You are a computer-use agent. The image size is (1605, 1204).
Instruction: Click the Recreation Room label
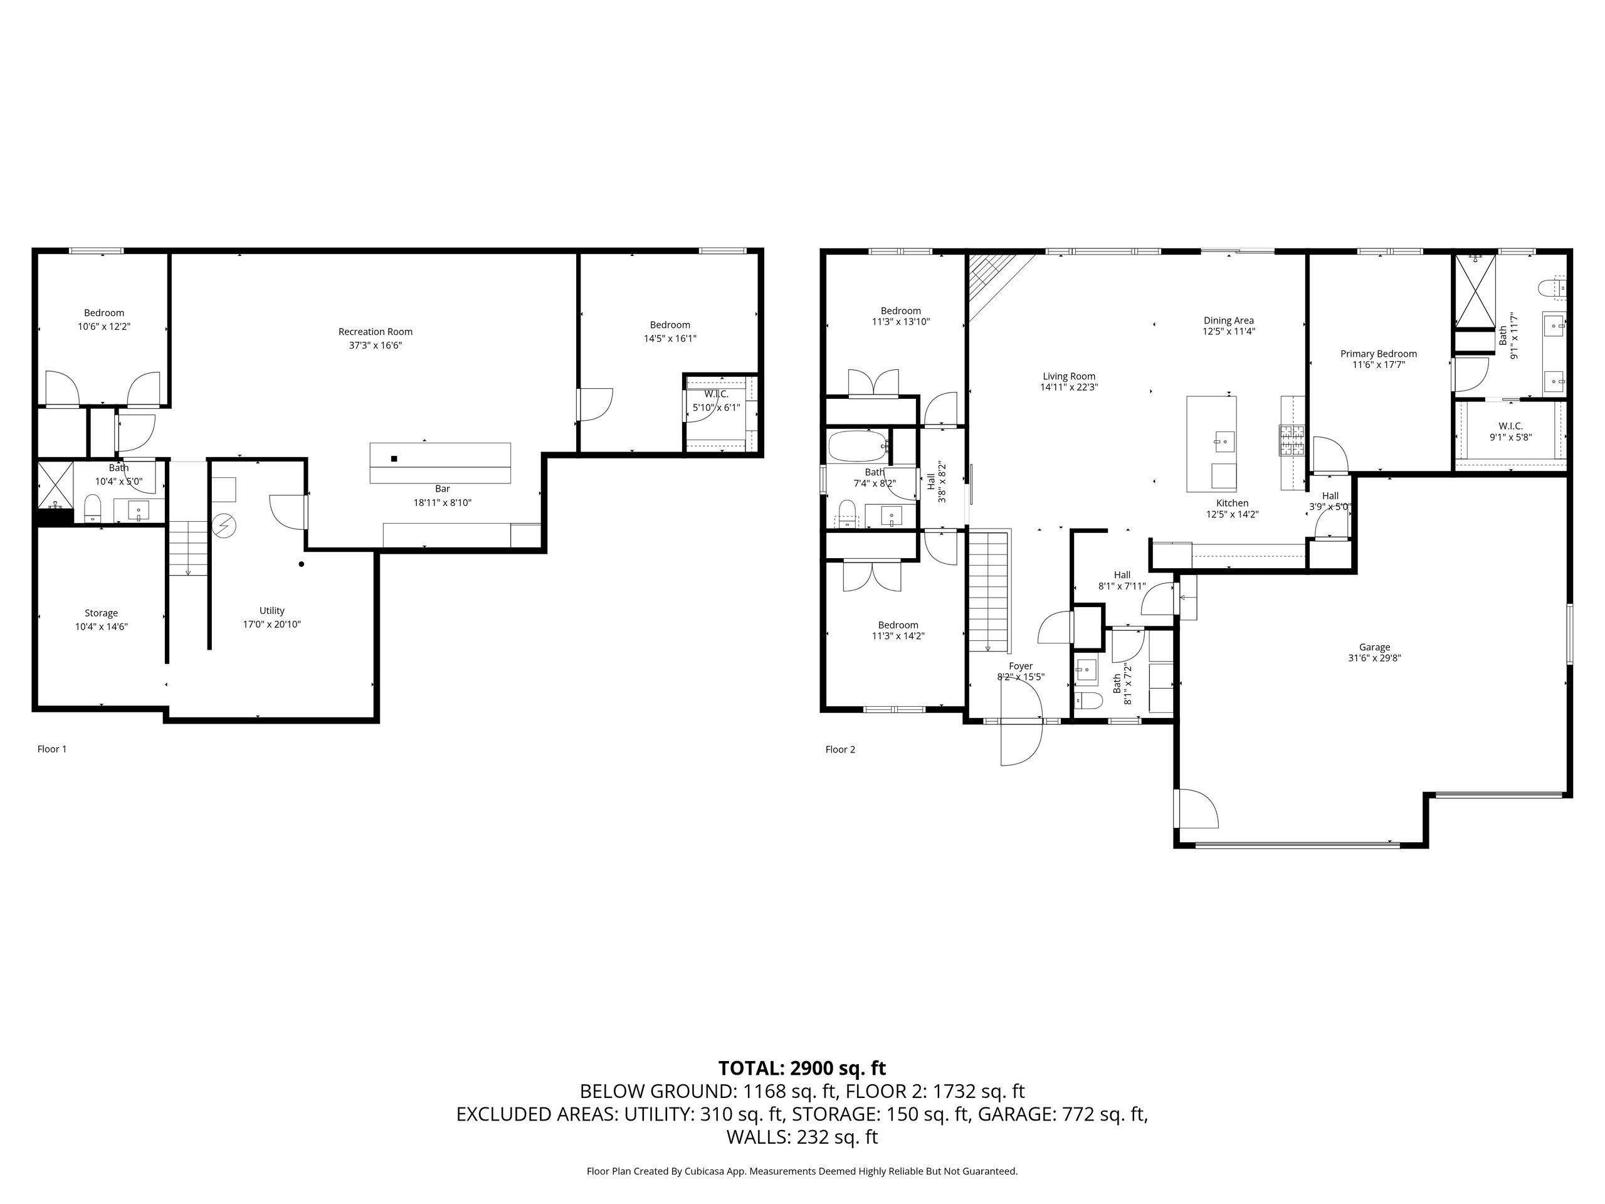[375, 332]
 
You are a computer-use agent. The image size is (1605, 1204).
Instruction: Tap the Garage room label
[1374, 647]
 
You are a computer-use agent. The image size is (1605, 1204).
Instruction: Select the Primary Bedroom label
[1378, 354]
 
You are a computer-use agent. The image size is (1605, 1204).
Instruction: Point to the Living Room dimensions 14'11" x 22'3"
[1069, 388]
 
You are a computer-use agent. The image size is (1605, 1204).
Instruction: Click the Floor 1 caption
[51, 749]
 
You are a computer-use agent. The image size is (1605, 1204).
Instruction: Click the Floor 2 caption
[840, 750]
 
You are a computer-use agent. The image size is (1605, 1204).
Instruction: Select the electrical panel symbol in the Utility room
[224, 525]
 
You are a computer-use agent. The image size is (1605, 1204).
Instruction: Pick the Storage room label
[101, 613]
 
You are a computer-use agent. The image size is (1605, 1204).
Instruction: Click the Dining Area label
[1228, 320]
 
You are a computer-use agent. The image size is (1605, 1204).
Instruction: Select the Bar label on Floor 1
[443, 489]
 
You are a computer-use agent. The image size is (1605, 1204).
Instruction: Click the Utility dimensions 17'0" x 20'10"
[272, 624]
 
